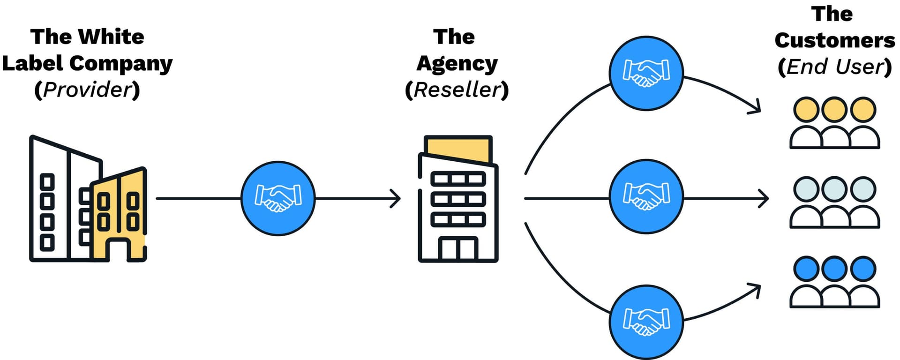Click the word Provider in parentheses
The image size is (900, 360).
pyautogui.click(x=88, y=90)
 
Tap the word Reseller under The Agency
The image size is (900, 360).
pyautogui.click(x=457, y=90)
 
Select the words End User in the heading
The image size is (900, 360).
pyautogui.click(x=835, y=66)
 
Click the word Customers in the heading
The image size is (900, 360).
pyautogui.click(x=835, y=40)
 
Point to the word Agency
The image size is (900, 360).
pyautogui.click(x=457, y=64)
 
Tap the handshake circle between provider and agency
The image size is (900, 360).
pyautogui.click(x=278, y=198)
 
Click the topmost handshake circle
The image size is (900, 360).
pyautogui.click(x=646, y=74)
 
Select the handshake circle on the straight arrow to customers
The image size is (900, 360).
pyautogui.click(x=646, y=197)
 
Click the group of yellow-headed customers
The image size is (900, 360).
pyautogui.click(x=834, y=123)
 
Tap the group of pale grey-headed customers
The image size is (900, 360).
pyautogui.click(x=834, y=202)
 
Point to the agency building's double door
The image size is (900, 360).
pyautogui.click(x=458, y=249)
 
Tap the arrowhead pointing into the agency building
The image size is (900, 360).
pyautogui.click(x=397, y=198)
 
